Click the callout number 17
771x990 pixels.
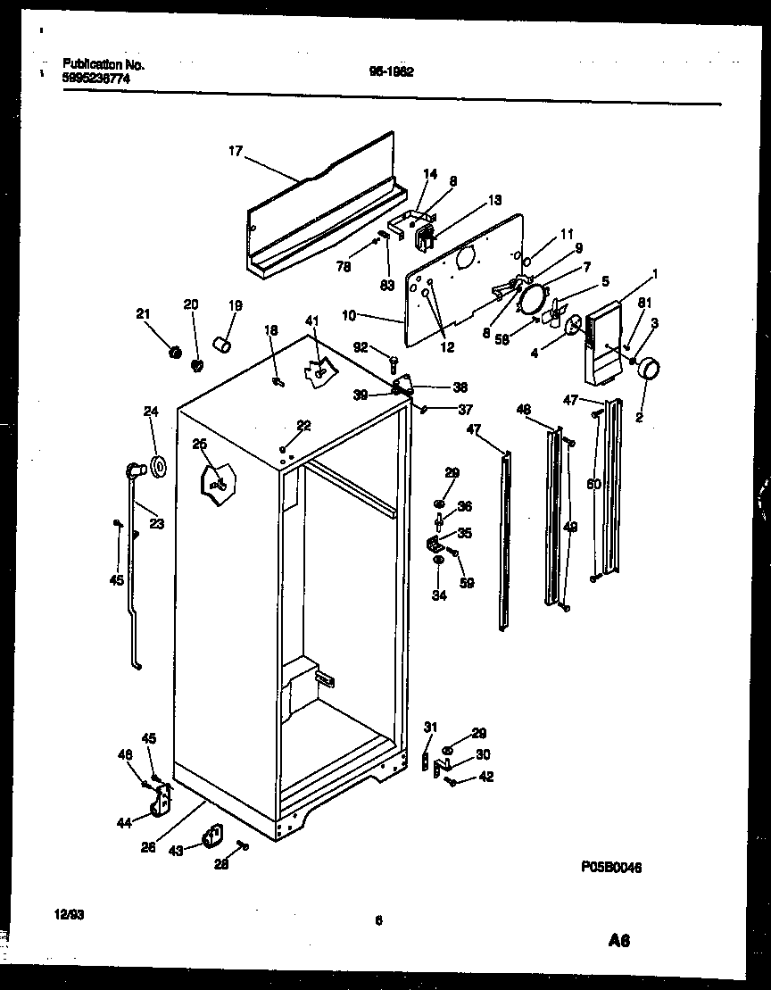pos(235,152)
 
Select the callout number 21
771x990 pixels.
pos(143,312)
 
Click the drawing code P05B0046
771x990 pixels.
pos(611,867)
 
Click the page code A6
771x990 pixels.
pos(619,941)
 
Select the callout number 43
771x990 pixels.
pos(177,851)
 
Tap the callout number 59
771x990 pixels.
pos(467,584)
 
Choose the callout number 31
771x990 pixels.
pos(430,726)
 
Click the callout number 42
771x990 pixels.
pos(485,777)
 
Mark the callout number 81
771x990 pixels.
pos(644,304)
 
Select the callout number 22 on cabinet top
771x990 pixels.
pos(303,426)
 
